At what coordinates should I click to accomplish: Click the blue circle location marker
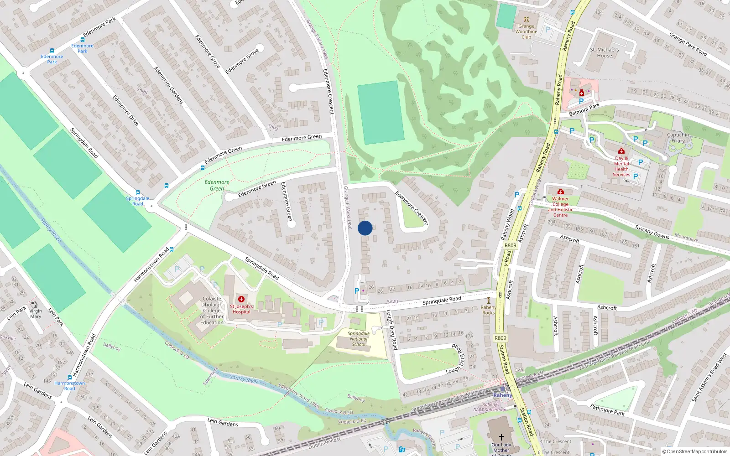click(x=365, y=228)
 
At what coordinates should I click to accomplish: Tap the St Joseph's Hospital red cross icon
click(x=241, y=299)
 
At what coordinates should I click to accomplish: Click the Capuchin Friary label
click(x=678, y=138)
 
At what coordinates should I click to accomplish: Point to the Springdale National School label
click(x=359, y=339)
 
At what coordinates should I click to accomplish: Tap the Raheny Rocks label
click(x=488, y=310)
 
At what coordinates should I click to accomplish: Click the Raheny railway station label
click(x=502, y=395)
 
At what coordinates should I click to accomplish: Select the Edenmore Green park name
click(x=217, y=185)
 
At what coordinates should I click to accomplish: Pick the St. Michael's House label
click(x=605, y=52)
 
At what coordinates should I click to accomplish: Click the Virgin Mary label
click(x=36, y=314)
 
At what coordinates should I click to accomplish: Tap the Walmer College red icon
click(x=561, y=192)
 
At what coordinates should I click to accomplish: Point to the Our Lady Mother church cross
click(x=501, y=437)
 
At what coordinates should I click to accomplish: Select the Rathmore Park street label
click(x=607, y=409)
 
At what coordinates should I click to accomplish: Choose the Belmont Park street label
click(x=584, y=110)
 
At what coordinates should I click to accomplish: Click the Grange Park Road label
click(x=688, y=44)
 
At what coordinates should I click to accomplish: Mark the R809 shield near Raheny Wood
click(x=510, y=245)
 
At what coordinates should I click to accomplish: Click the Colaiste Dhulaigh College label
click(x=212, y=311)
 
